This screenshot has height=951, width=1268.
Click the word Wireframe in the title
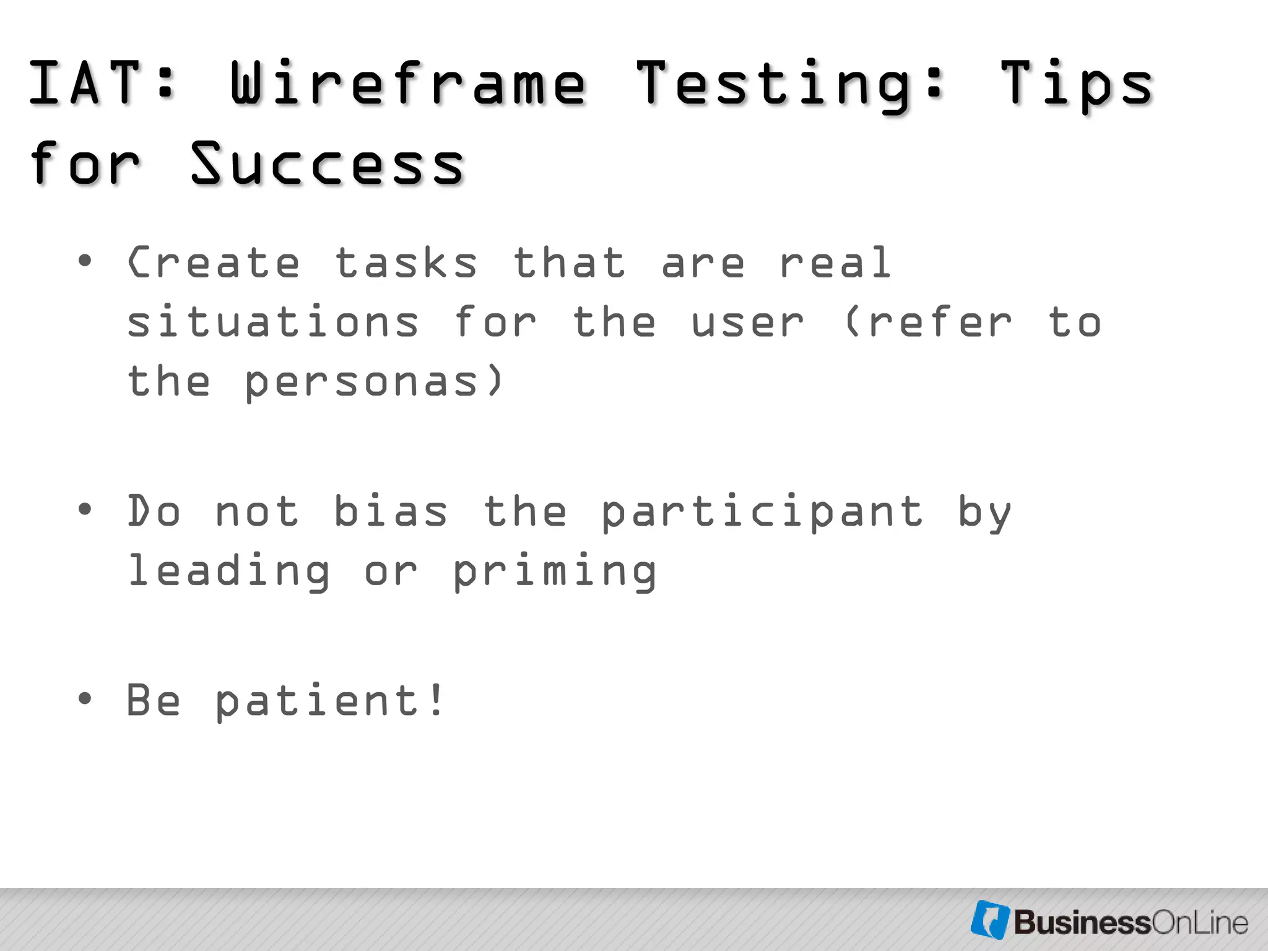408,84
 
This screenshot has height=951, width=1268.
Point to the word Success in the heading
328,164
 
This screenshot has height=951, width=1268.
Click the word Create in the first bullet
214,263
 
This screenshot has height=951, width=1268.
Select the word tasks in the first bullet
406,263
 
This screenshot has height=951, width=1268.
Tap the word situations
273,323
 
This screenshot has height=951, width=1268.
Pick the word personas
362,383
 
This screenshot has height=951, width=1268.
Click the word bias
391,512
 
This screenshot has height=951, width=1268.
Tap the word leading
228,571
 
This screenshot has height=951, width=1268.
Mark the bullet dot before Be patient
85,699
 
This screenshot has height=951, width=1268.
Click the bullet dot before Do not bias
85,510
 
